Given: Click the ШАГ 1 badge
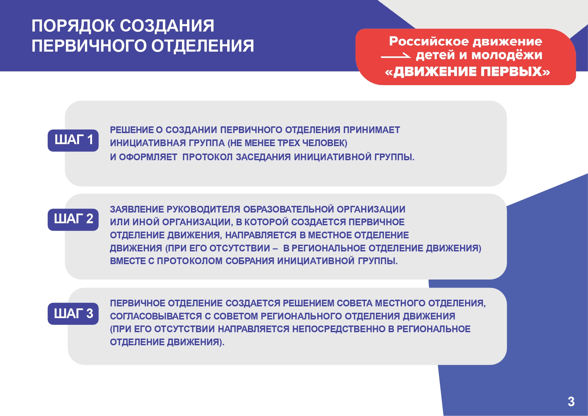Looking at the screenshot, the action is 73,140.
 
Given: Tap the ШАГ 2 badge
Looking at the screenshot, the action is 73,220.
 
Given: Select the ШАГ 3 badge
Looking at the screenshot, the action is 73,314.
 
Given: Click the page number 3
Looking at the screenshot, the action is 571,402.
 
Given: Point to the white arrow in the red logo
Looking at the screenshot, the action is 396,56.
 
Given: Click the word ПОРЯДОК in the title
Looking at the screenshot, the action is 73,26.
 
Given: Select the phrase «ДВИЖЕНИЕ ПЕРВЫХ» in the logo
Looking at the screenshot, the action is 468,72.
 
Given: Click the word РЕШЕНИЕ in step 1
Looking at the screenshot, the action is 132,130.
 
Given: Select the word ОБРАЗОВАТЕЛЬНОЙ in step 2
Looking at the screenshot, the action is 288,210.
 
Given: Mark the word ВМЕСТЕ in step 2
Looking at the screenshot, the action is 128,261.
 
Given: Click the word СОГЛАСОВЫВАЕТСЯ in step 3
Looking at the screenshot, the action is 156,316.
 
